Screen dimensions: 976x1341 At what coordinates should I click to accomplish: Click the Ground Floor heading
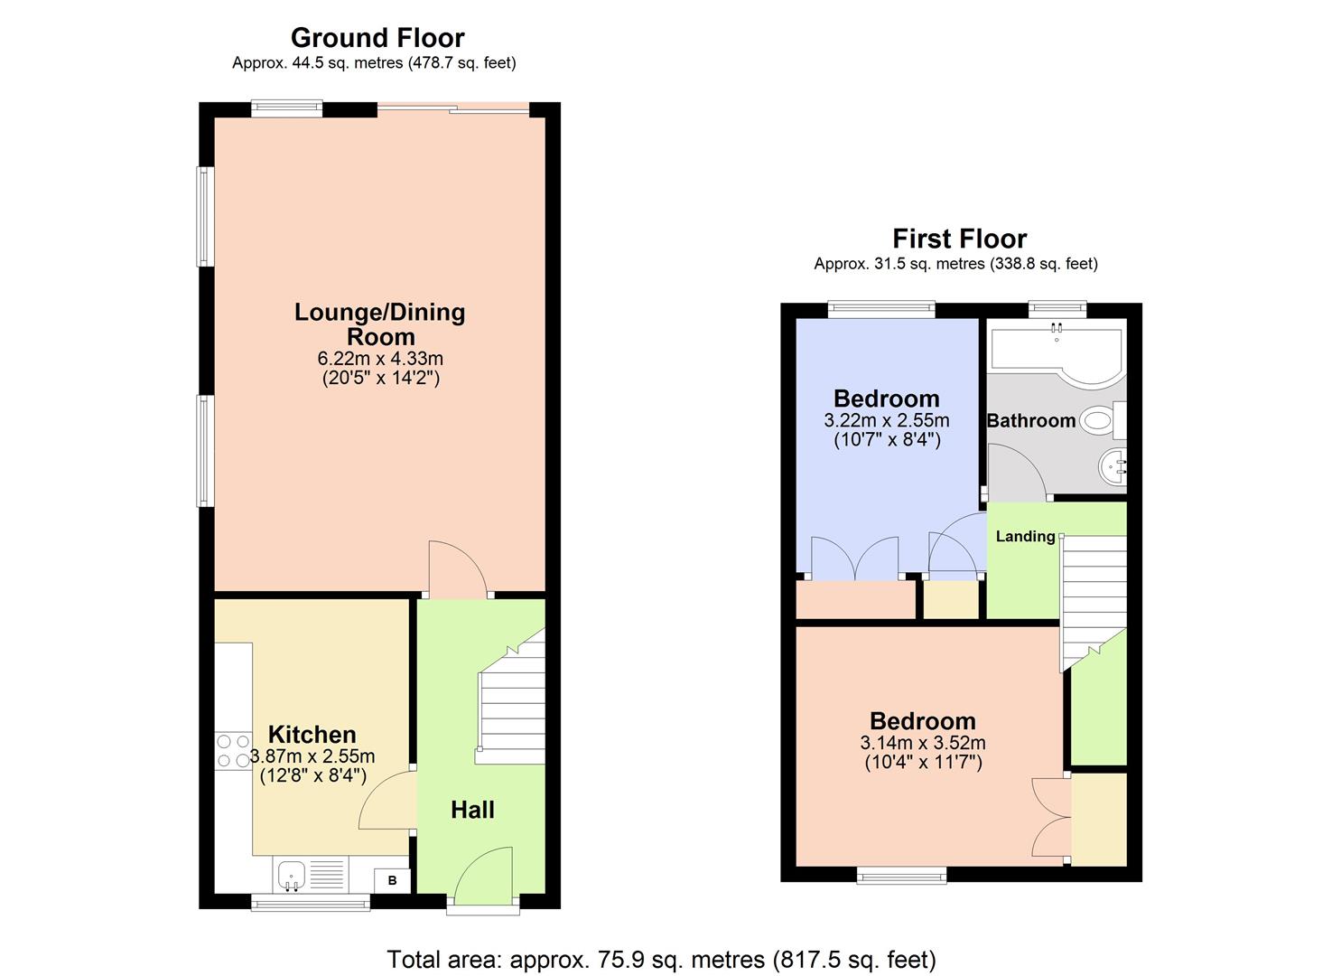tap(377, 38)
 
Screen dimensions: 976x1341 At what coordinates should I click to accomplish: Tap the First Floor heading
tap(959, 239)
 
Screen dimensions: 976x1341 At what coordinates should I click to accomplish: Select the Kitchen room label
tap(312, 734)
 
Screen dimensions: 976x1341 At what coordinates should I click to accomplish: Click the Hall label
tap(472, 810)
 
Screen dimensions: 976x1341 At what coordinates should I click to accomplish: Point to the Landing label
tap(1025, 536)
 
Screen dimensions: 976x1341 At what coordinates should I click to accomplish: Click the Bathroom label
tap(1030, 420)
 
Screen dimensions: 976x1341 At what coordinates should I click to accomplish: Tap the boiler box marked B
tap(392, 880)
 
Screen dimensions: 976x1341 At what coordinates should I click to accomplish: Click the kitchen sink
tap(292, 875)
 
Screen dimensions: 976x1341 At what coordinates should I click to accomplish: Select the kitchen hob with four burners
tap(232, 751)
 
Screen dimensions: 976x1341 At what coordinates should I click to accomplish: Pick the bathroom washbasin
tap(1113, 467)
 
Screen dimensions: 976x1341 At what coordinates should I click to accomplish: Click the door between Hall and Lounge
tap(457, 569)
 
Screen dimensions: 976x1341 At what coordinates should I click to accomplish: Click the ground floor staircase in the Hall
tap(511, 705)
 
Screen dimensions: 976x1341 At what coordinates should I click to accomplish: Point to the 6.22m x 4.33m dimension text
tap(380, 359)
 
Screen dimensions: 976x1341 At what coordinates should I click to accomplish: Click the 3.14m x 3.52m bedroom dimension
tap(922, 743)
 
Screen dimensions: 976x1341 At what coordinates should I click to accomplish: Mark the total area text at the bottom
tap(661, 959)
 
